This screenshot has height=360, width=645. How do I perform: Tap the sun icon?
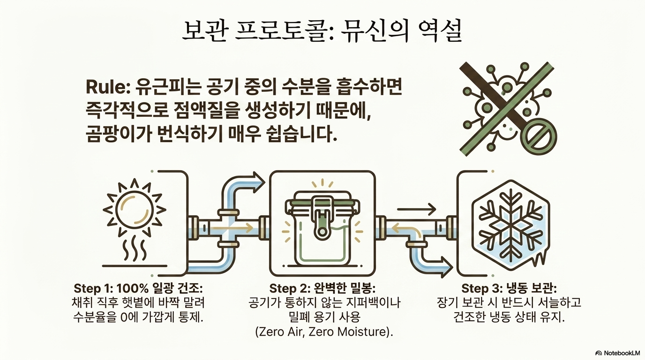tap(134, 210)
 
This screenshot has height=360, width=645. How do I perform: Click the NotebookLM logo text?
tap(619, 353)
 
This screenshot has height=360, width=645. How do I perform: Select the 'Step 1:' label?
tap(93, 288)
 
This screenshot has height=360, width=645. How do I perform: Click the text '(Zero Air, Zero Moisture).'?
tap(324, 332)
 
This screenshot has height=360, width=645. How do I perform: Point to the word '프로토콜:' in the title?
tap(283, 30)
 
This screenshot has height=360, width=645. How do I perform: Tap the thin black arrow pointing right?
tap(416, 209)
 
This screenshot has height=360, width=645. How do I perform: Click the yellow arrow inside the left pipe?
tap(232, 228)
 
